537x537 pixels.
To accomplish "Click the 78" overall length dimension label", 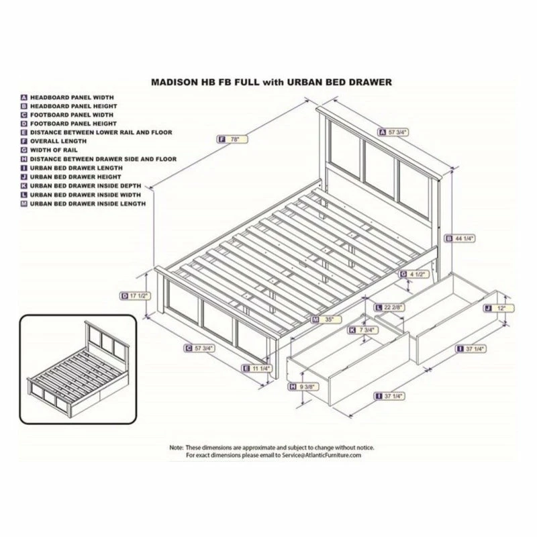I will pyautogui.click(x=233, y=139).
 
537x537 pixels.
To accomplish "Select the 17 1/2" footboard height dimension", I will pyautogui.click(x=135, y=295).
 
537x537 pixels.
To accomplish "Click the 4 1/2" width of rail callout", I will pyautogui.click(x=414, y=274).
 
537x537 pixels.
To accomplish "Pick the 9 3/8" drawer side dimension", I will pyautogui.click(x=301, y=387).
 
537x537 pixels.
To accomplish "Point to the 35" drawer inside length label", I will pyautogui.click(x=325, y=320).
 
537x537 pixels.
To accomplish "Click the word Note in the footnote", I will pyautogui.click(x=177, y=447).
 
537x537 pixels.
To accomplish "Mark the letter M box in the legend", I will pyautogui.click(x=24, y=203).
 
